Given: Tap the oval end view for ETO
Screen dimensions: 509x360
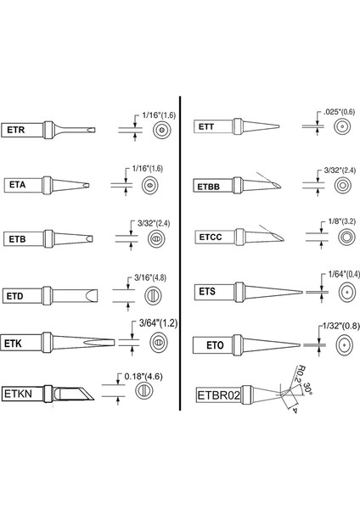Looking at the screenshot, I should tap(343, 345).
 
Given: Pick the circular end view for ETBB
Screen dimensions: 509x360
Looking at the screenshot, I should tap(343, 184).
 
